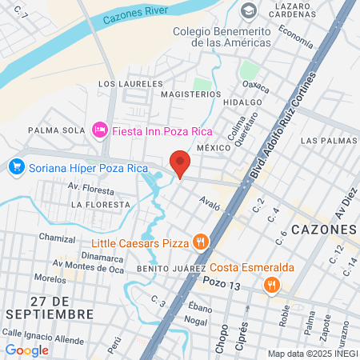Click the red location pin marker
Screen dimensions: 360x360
coord(180,164)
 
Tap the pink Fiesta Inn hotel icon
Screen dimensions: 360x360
coord(100,129)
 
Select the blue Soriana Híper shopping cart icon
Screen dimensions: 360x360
coord(15,167)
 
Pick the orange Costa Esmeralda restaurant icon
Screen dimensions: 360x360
coord(273,284)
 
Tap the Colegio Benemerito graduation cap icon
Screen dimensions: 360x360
coord(249,11)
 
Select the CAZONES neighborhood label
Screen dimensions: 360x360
coord(323,230)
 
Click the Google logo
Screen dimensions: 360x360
coord(27,350)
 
